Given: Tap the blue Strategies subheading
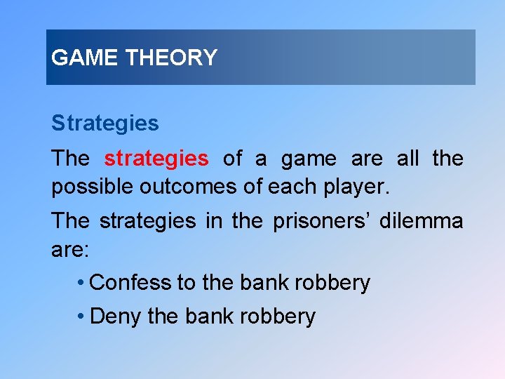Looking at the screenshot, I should pos(105,124).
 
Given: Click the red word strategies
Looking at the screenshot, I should pos(156,159).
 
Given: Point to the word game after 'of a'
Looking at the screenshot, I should pos(309,159).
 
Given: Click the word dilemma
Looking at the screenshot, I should pos(421,221).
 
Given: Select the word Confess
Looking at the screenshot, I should pos(131,282).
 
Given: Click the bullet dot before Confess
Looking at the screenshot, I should pos(82,283).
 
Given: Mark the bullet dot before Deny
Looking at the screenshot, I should pos(82,317).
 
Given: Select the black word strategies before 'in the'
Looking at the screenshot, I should pos(147,221).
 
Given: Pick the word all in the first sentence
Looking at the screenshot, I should pos(407,159).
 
